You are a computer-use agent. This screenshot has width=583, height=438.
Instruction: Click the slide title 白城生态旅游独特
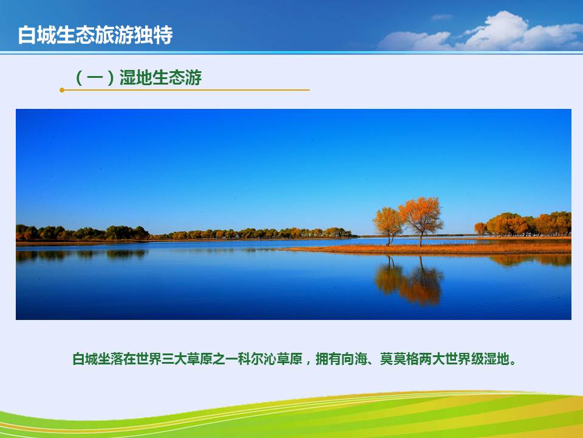pos(95,35)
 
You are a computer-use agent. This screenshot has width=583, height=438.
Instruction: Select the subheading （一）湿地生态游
pos(138,77)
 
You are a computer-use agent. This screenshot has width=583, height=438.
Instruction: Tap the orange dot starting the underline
pos(62,90)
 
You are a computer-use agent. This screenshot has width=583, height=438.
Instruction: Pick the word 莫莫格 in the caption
pos(399,359)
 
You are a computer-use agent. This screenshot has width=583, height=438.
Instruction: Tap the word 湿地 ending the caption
pos(496,359)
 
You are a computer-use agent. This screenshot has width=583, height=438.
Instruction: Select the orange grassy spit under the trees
pos(428,248)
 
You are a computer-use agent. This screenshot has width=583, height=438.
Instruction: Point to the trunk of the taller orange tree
pos(421,238)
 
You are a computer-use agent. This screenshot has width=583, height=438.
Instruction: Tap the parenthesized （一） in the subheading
pos(95,77)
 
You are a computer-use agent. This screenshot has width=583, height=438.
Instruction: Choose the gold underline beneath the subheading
pos(185,90)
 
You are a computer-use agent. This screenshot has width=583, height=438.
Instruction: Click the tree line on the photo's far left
pos(83,233)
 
